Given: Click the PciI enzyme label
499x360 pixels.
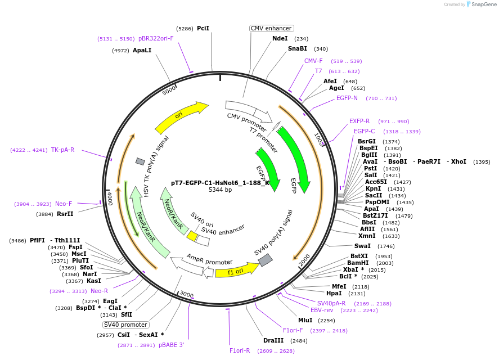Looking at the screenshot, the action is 203,28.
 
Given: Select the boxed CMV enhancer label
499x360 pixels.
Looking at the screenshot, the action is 271,28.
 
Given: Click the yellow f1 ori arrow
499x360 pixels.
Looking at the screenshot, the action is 236,271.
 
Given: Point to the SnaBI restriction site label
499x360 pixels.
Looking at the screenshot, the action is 298,49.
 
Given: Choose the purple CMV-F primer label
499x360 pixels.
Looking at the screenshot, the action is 313,61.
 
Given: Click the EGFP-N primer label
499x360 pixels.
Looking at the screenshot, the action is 347,98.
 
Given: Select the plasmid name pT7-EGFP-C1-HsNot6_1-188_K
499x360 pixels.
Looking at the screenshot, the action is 220,183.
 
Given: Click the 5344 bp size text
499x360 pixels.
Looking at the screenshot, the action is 220,190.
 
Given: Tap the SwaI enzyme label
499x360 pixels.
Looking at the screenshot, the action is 362,246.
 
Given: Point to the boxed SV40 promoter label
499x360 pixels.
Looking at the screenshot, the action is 125,325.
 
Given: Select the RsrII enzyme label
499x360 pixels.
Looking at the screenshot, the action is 65,214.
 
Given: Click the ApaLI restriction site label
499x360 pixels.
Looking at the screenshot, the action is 142,50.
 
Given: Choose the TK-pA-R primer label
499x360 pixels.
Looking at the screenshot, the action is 62,150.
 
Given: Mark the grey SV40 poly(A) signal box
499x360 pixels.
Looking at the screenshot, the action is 265,260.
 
